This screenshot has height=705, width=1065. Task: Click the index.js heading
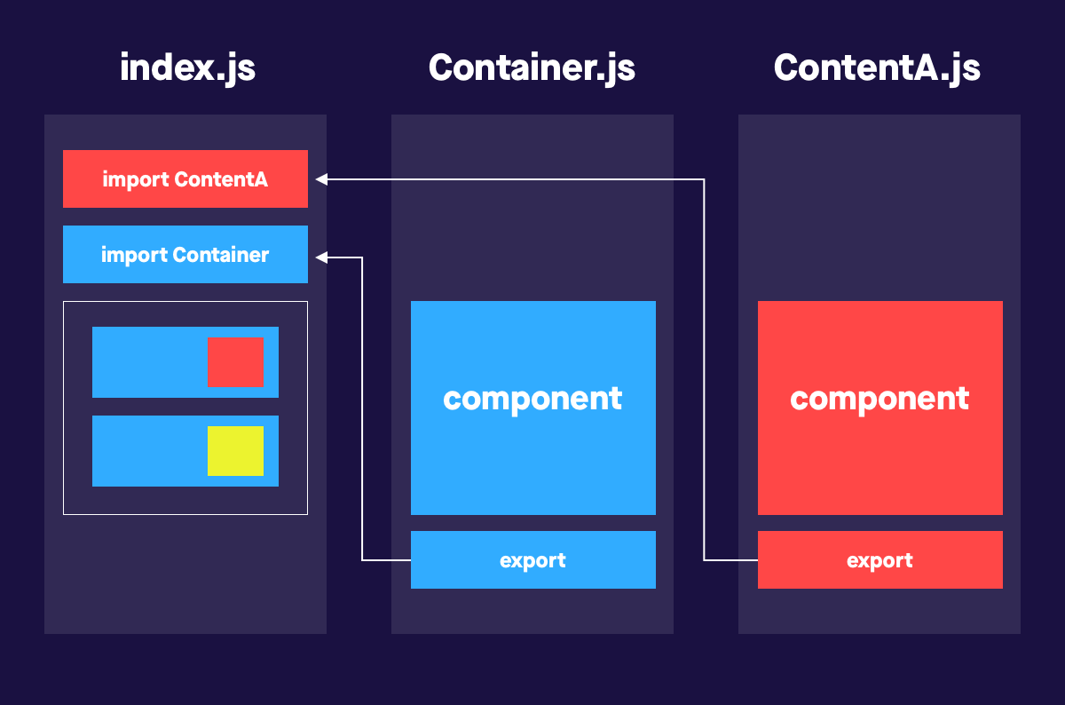[187, 68]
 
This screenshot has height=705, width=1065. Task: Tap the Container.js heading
[532, 68]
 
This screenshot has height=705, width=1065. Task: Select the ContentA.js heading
[877, 68]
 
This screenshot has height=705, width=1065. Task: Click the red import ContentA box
[185, 178]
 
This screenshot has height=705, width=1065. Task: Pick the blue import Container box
[185, 255]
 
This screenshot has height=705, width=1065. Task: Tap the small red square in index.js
[235, 361]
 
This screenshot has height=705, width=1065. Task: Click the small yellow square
[235, 451]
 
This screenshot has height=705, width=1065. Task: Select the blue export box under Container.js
[532, 560]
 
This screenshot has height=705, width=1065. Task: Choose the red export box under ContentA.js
[880, 560]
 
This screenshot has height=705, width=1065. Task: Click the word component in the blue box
[532, 399]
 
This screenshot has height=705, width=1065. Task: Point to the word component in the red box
[880, 399]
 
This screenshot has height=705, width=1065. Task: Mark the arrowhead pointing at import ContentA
[321, 179]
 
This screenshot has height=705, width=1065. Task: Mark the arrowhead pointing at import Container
[321, 257]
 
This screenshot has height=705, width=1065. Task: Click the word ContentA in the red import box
[221, 179]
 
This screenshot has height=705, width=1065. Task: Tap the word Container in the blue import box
[221, 256]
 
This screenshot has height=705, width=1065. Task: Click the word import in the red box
[136, 179]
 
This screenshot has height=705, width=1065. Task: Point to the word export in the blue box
[532, 561]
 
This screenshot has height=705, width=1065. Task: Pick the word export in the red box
[880, 561]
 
